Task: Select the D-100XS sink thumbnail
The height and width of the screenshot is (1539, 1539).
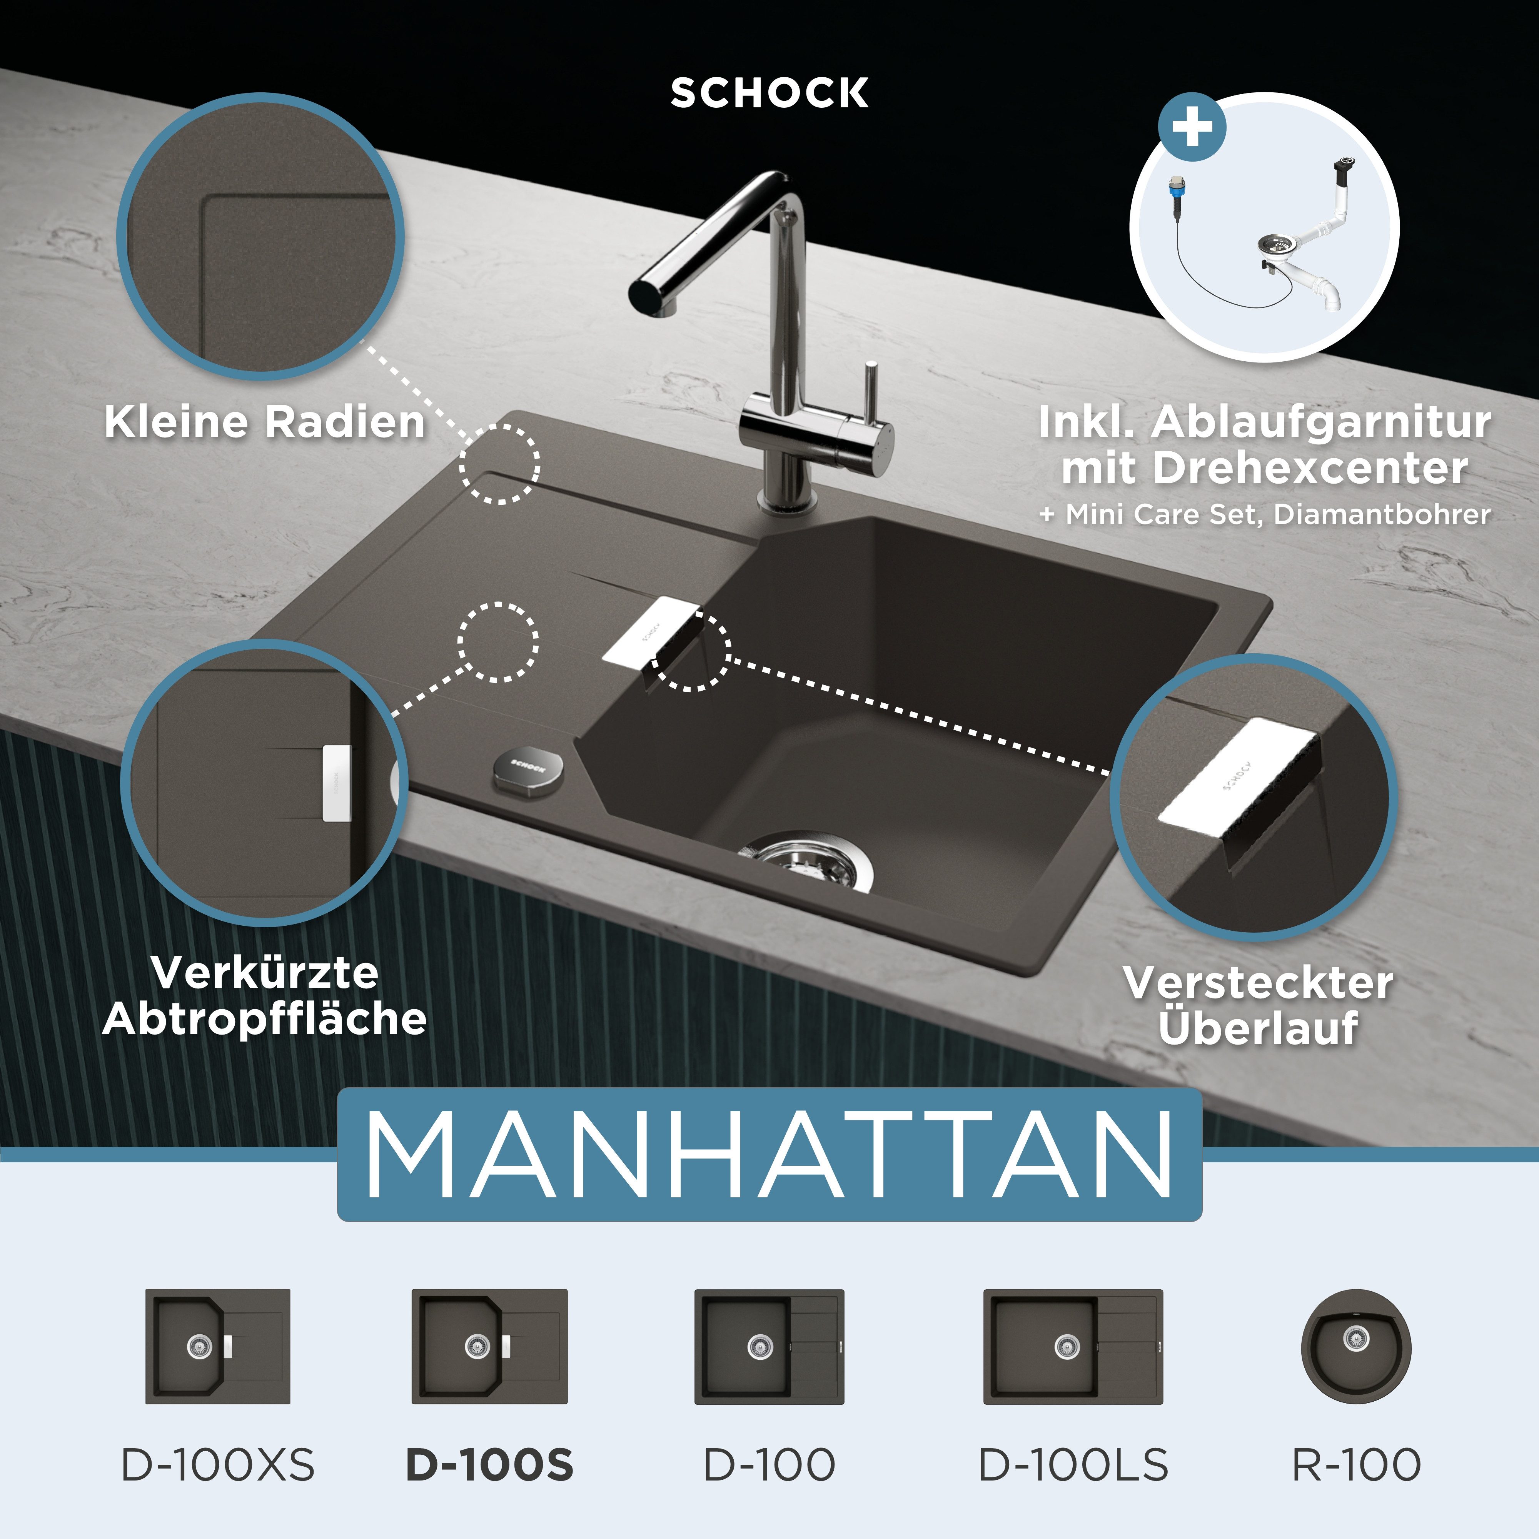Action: click(x=217, y=1346)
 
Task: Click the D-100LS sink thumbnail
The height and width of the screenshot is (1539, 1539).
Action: click(x=1073, y=1346)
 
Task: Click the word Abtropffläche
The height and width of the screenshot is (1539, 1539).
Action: click(x=264, y=1019)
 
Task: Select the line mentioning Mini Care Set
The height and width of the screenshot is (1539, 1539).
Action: click(x=1264, y=514)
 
